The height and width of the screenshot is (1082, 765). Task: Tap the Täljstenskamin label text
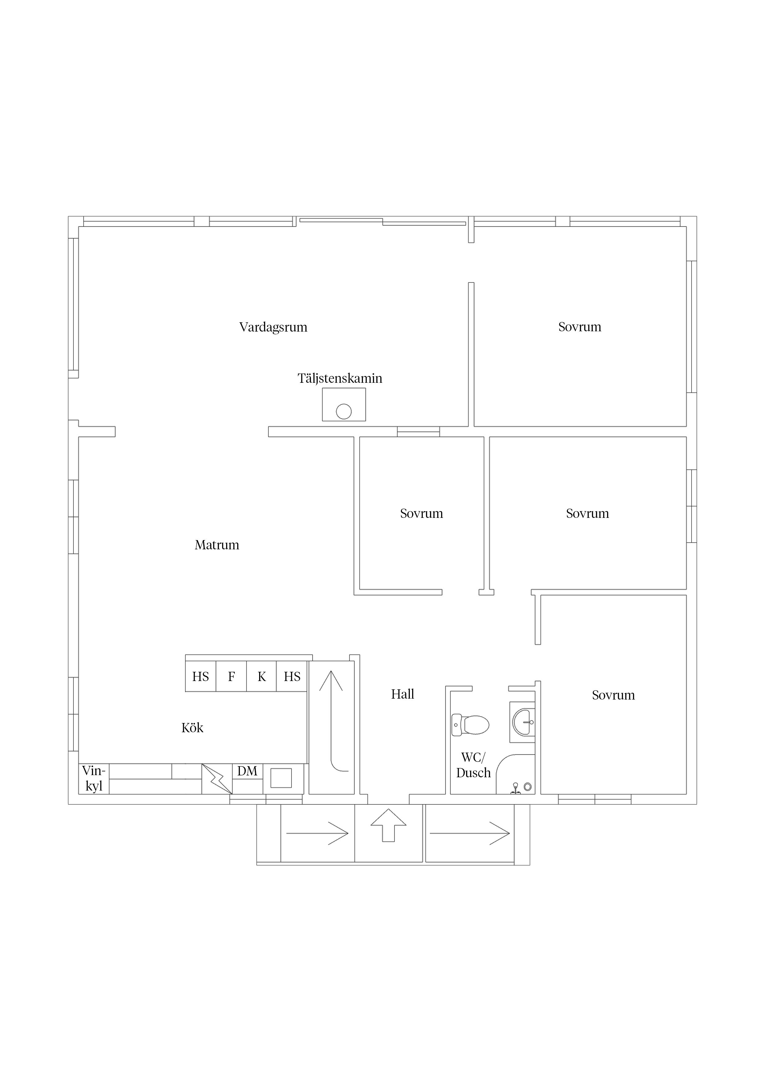(340, 378)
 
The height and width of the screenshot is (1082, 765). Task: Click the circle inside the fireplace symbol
(344, 411)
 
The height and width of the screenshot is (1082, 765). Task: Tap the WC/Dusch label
(473, 765)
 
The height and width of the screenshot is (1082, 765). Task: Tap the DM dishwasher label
(247, 771)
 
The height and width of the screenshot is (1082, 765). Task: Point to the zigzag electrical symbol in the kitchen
(217, 778)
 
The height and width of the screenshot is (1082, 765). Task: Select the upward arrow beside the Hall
(331, 721)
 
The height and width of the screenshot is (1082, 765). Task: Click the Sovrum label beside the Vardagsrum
(580, 327)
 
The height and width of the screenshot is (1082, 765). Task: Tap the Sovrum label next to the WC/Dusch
(613, 695)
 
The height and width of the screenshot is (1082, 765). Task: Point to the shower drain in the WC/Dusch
(527, 787)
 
